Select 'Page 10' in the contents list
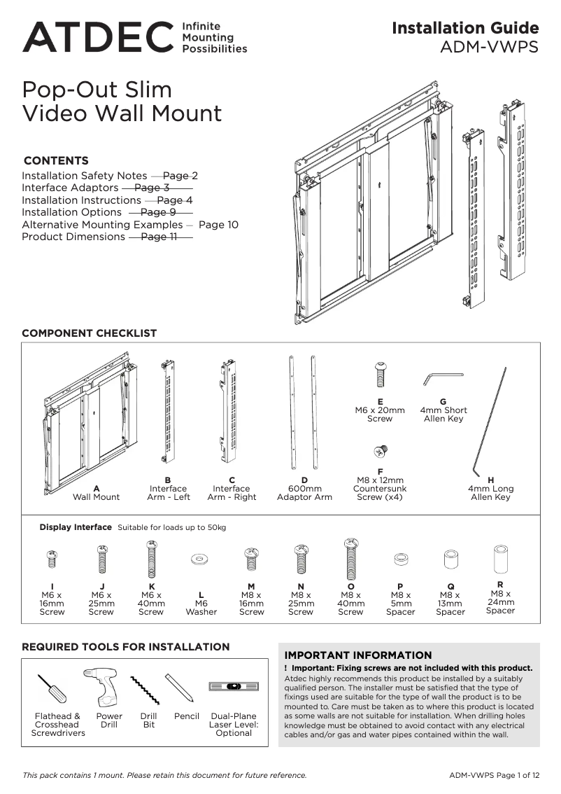(218, 225)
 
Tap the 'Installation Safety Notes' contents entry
(84, 176)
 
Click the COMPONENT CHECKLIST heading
(90, 333)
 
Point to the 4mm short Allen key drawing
(442, 378)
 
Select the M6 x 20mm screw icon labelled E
(381, 375)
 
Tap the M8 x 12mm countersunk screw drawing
(381, 451)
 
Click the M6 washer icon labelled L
(201, 559)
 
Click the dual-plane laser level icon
(234, 687)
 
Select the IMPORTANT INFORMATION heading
(357, 655)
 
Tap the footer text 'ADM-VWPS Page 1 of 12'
(494, 775)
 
